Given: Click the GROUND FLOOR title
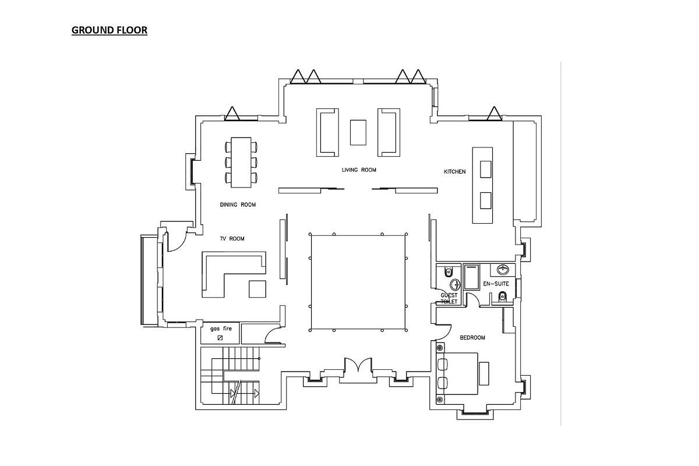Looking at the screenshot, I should pos(110,30).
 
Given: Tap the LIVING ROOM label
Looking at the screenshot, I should pos(359,170).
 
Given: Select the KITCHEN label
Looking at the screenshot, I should pos(455,172).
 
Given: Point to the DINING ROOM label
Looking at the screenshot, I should pos(238,205).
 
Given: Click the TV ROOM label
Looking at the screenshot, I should pos(232,239).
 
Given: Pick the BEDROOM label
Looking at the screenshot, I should pos(472,338).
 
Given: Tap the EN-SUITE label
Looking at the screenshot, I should pos(496,284).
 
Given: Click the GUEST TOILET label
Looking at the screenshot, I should pos(449,299).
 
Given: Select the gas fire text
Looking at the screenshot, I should pos(221,329).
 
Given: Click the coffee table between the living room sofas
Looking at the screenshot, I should pos(358,132).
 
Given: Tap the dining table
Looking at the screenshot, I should pos(241,163).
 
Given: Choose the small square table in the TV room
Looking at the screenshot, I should pos(257,288).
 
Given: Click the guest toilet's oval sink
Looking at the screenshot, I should pos(455,284).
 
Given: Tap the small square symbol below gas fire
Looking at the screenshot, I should pos(220,338).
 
